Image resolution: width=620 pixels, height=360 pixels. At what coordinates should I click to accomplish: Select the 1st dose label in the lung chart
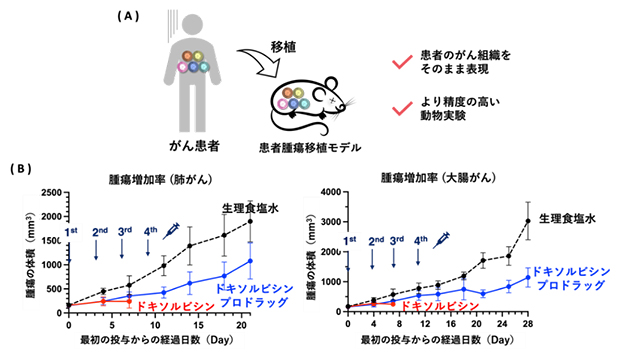tap(71, 232)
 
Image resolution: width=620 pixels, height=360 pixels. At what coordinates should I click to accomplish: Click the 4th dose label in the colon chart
tap(421, 240)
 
